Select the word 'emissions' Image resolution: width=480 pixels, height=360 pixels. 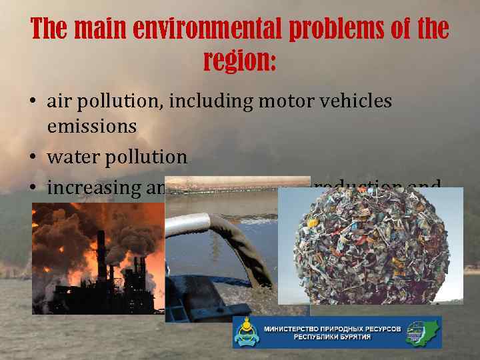click(91, 125)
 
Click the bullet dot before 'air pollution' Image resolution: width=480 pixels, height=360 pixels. click(33, 102)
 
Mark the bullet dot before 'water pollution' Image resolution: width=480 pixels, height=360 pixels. click(33, 158)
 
